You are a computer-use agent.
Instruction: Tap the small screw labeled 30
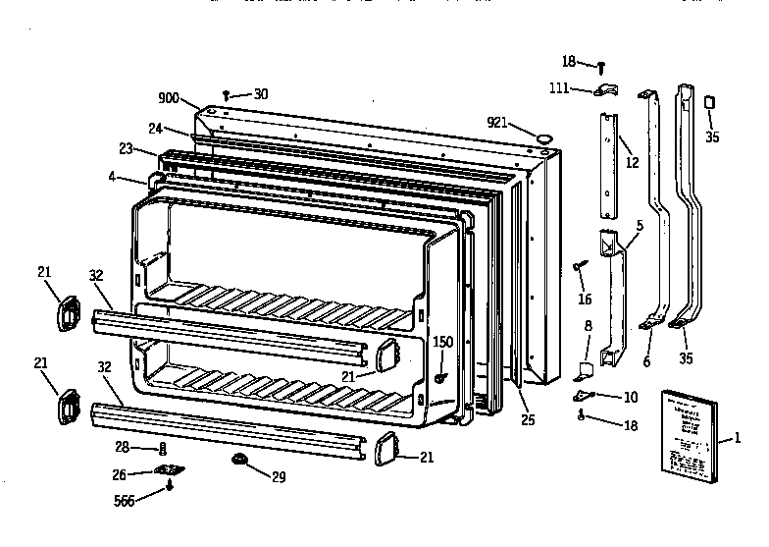[228, 95]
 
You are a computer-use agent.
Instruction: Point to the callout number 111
[559, 89]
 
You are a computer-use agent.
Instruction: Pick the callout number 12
[632, 162]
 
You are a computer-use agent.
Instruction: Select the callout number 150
[443, 342]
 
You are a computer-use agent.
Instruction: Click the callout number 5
[640, 225]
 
